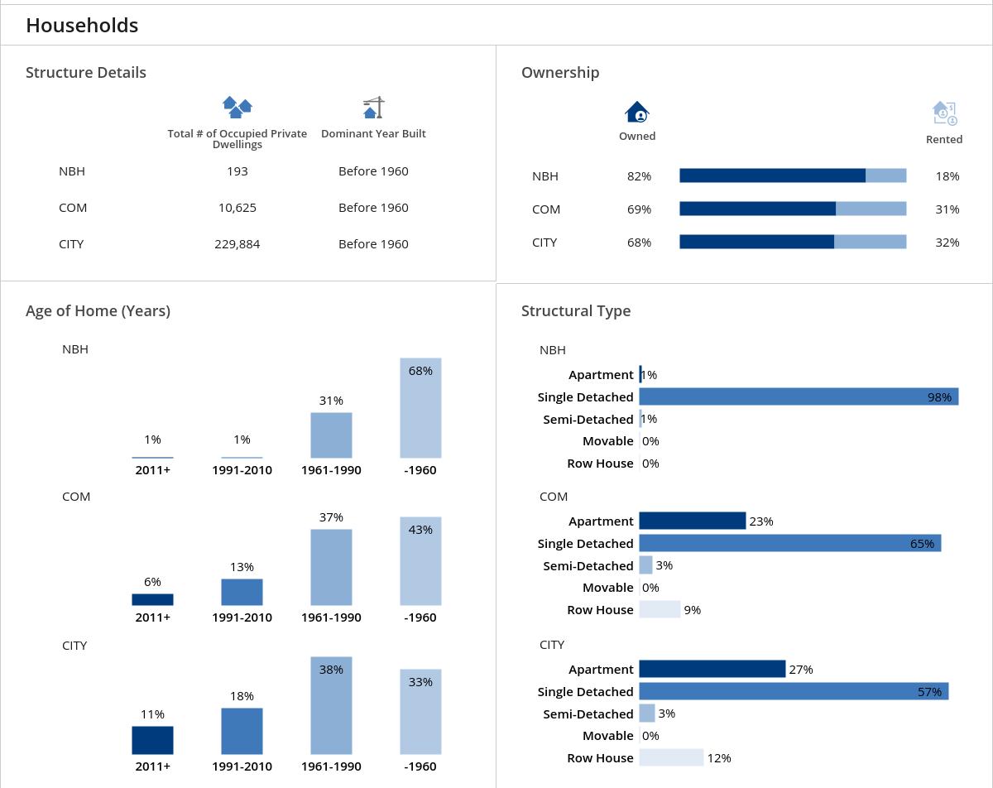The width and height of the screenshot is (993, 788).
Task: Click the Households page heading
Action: click(82, 26)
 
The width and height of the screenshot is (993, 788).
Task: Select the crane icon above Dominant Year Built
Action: click(374, 108)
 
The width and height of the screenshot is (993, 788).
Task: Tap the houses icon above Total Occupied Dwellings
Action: click(237, 107)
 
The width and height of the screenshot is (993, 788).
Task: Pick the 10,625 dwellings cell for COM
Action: click(237, 208)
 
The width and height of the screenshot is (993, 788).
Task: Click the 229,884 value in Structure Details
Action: click(237, 244)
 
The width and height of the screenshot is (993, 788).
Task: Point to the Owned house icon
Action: click(637, 112)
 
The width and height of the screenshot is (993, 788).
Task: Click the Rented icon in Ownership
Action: click(944, 113)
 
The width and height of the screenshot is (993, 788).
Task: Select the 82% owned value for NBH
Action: click(639, 176)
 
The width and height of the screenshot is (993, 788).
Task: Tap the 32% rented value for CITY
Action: click(947, 243)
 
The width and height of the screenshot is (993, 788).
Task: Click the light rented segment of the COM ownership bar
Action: click(871, 209)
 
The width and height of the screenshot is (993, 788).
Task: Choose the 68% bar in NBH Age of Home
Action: click(420, 408)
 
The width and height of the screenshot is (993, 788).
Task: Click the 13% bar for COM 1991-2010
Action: click(242, 592)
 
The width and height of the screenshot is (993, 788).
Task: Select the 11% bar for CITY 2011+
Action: click(152, 740)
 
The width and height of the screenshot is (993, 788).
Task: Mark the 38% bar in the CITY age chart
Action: click(331, 705)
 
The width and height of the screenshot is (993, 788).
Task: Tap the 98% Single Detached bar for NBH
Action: click(799, 396)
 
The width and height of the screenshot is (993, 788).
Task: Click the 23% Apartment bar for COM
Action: click(692, 521)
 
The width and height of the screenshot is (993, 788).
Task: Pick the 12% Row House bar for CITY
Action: click(671, 757)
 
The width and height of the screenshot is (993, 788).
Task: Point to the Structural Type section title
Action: click(576, 311)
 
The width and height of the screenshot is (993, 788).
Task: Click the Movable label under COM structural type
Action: click(607, 588)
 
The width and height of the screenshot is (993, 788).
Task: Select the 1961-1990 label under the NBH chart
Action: click(331, 470)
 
